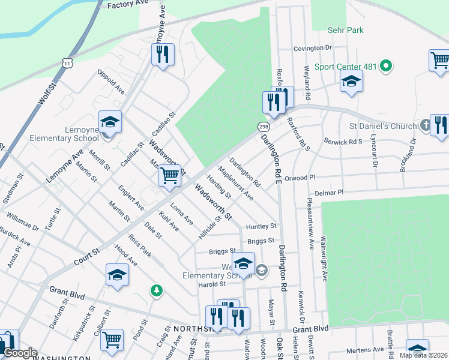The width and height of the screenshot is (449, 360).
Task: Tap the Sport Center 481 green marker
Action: point(387,66)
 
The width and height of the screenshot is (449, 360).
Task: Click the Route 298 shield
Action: point(263,127)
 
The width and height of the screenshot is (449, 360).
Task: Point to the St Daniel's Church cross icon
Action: point(424,126)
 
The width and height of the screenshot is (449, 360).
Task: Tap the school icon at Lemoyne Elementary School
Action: point(110,123)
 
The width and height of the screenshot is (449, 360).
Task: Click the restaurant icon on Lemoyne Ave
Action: point(163,55)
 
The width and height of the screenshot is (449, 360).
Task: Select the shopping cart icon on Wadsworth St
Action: point(170,176)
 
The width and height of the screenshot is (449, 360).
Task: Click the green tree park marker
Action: point(157,290)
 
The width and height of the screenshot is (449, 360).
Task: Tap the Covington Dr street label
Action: point(313,48)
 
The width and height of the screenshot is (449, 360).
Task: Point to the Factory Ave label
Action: point(127,5)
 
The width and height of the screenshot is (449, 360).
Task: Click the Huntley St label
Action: point(261,226)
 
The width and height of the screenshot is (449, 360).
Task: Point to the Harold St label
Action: point(212,284)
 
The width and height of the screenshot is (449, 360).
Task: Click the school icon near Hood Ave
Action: point(117,275)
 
